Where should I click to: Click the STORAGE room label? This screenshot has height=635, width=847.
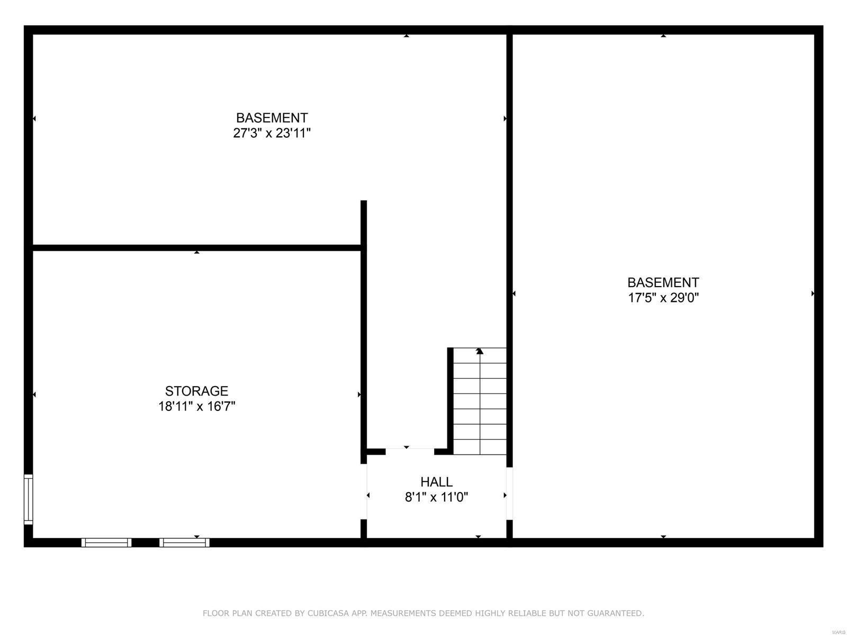click(x=196, y=391)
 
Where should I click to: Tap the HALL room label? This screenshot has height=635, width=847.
click(x=436, y=482)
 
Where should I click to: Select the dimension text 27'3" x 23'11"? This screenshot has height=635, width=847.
click(x=272, y=133)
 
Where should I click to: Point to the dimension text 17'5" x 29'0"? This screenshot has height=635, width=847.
click(x=663, y=298)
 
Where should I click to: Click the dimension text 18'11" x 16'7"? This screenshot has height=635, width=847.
click(x=196, y=407)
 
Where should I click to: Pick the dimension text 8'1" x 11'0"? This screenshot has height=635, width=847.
click(x=436, y=497)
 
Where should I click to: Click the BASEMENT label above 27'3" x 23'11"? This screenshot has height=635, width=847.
click(x=272, y=118)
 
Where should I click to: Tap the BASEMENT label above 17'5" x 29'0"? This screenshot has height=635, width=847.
click(x=663, y=282)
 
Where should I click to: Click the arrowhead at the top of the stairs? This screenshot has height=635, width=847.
click(x=480, y=351)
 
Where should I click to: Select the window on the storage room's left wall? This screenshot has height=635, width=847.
click(x=29, y=499)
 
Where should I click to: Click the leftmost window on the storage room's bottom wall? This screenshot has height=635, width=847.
click(x=106, y=542)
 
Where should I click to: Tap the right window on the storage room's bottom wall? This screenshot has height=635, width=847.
click(x=184, y=542)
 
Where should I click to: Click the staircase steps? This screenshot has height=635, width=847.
click(x=480, y=401)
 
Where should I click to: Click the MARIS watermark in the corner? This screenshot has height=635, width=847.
click(x=838, y=631)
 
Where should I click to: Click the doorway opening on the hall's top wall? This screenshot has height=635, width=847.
click(x=410, y=452)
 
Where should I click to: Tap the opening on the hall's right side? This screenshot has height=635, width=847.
click(x=509, y=494)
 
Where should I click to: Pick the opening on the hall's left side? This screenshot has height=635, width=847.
click(x=364, y=492)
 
